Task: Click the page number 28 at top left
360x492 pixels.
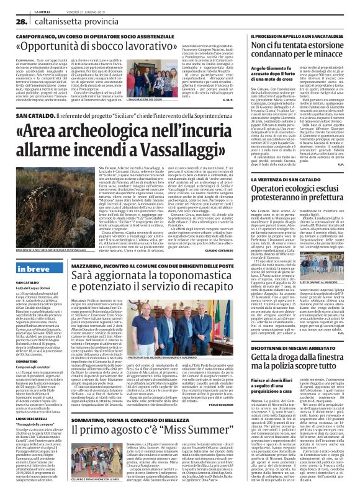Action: [12, 22]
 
